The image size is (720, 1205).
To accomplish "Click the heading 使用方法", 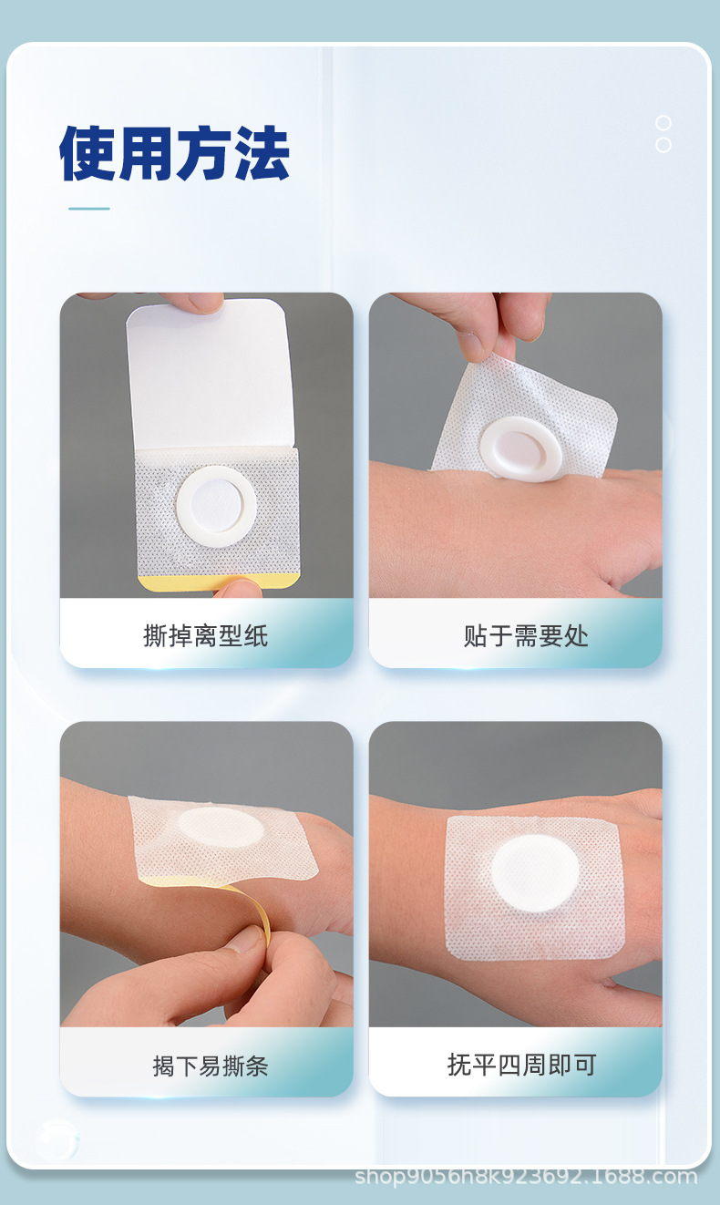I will [174, 152].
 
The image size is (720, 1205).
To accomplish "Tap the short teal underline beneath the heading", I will [89, 209].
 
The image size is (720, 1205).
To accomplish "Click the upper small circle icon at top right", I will [663, 123].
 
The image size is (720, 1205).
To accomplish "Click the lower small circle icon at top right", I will [663, 145].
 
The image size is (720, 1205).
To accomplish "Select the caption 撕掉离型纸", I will [206, 635].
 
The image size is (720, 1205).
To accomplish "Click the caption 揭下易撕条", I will [211, 1065].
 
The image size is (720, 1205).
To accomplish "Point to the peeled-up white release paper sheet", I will [210, 374].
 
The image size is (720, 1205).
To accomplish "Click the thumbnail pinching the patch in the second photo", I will [472, 345].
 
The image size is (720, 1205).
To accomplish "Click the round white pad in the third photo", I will [221, 827].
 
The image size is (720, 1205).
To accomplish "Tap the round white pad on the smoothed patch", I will [533, 872].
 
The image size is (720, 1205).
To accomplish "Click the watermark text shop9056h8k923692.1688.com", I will [526, 1176].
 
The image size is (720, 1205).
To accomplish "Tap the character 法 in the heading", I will [261, 152].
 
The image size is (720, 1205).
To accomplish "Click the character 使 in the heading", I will [87, 152].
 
